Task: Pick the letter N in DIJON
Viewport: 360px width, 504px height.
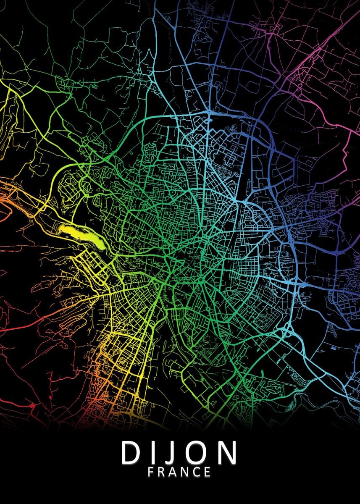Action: pos(227,453)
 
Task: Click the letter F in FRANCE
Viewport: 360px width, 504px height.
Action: pos(151,472)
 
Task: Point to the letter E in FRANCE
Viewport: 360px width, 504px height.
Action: pos(208,472)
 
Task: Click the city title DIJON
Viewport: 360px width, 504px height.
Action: pos(179,453)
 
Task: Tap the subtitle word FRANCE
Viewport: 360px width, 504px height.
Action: pos(179,472)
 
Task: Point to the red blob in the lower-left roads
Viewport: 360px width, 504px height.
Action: pos(32,406)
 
